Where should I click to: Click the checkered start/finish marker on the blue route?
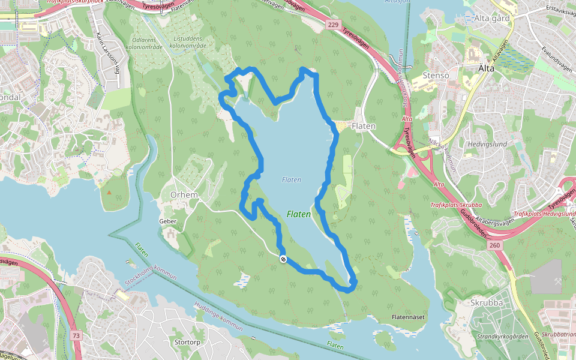pyautogui.click(x=283, y=259)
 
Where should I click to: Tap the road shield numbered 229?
pyautogui.click(x=334, y=25)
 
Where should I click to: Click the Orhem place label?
pyautogui.click(x=184, y=196)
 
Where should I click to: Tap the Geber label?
pyautogui.click(x=167, y=221)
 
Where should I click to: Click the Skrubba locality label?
pyautogui.click(x=487, y=302)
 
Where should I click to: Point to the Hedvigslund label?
pyautogui.click(x=487, y=144)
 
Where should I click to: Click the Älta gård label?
pyautogui.click(x=491, y=19)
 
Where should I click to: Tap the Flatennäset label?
pyautogui.click(x=408, y=316)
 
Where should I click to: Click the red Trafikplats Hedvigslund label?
pyautogui.click(x=544, y=214)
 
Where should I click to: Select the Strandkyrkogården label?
pyautogui.click(x=502, y=337)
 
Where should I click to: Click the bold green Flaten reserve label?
pyautogui.click(x=299, y=214)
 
